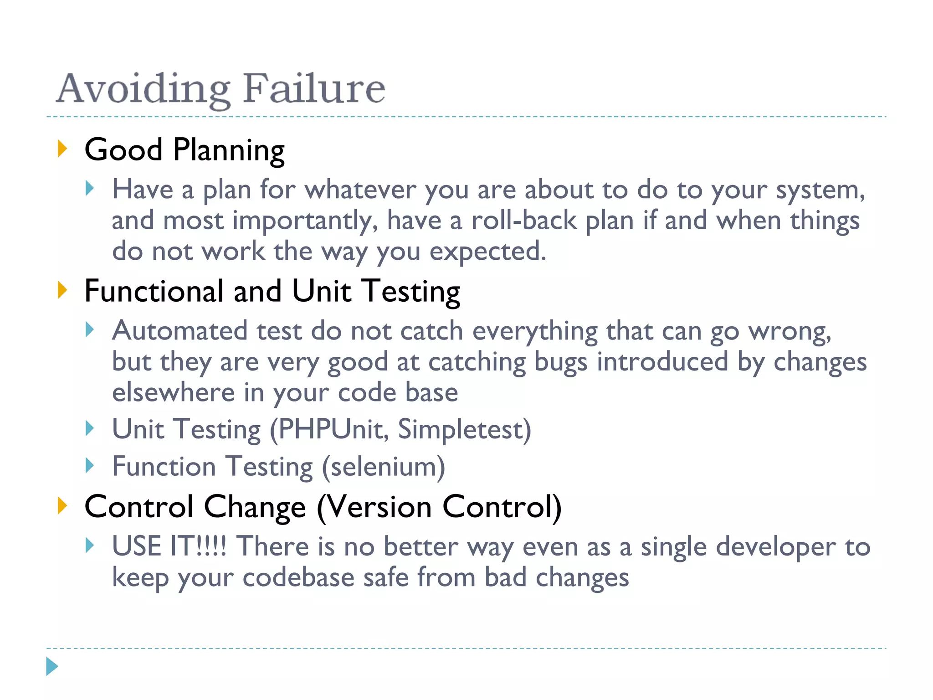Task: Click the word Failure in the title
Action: tap(314, 88)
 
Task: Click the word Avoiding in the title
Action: tap(144, 89)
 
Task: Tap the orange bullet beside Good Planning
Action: tap(63, 149)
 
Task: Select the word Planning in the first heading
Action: tap(229, 150)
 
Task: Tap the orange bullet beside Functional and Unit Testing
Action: tap(63, 290)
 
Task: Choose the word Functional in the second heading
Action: tap(154, 291)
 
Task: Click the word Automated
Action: tap(179, 331)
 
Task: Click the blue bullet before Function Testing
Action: tap(90, 465)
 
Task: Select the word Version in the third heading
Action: tap(380, 507)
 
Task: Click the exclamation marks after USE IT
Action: tap(212, 546)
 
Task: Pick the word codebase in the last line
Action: tap(298, 578)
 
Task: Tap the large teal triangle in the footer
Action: tap(52, 666)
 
